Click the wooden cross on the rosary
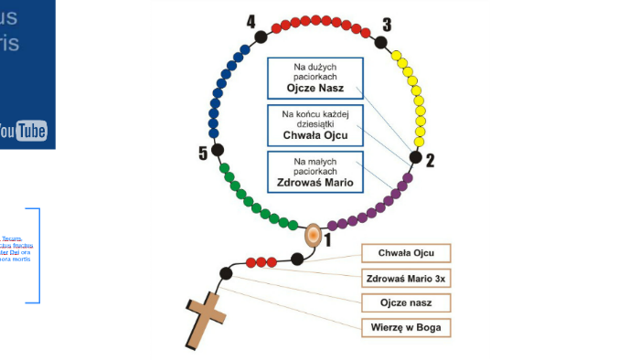pyautogui.click(x=206, y=319)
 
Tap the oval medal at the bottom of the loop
pyautogui.click(x=313, y=235)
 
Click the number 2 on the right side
pyautogui.click(x=430, y=161)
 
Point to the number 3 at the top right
pyautogui.click(x=387, y=25)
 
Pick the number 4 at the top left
pyautogui.click(x=251, y=21)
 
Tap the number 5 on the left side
pyautogui.click(x=203, y=153)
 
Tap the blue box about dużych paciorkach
pyautogui.click(x=315, y=79)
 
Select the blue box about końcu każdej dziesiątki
pyautogui.click(x=315, y=125)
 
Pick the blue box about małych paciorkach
pyautogui.click(x=315, y=172)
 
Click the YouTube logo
pyautogui.click(x=24, y=132)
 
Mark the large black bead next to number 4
pyautogui.click(x=261, y=37)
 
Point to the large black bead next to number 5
pyautogui.click(x=218, y=149)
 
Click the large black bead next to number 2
pyautogui.click(x=416, y=157)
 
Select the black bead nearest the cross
pyautogui.click(x=225, y=272)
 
